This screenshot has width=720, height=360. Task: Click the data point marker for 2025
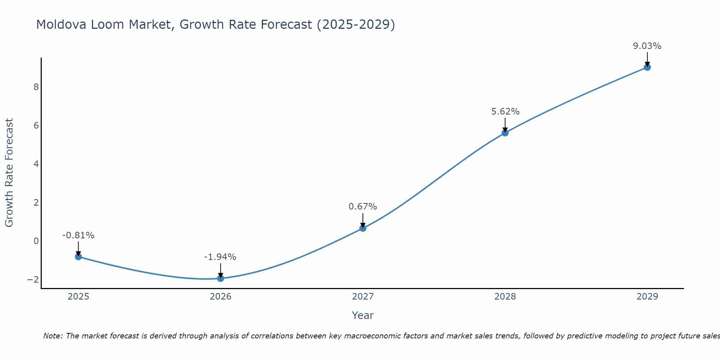[x=78, y=257]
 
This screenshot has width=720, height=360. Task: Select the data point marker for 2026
[x=221, y=278]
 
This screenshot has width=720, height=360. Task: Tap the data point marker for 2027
[x=363, y=228]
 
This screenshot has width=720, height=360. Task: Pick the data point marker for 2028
[x=505, y=133]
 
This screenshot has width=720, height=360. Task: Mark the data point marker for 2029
[x=647, y=67]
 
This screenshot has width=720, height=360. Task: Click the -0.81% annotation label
[x=78, y=235]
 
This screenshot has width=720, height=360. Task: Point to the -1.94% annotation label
[x=220, y=257]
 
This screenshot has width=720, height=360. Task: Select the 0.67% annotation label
[x=363, y=207]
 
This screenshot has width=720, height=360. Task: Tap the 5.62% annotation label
[x=505, y=112]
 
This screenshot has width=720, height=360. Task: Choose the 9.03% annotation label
[x=647, y=46]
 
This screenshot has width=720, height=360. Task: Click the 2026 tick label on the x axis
[x=221, y=297]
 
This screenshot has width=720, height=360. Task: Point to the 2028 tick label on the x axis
[x=505, y=297]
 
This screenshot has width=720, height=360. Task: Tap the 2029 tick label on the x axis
[x=647, y=297]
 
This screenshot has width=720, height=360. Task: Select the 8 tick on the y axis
[x=36, y=87]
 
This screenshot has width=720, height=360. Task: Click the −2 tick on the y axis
[x=33, y=280]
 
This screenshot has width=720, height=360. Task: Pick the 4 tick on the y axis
[x=36, y=164]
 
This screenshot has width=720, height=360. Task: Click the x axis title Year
[x=363, y=316]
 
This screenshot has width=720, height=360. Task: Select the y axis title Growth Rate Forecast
[x=9, y=173]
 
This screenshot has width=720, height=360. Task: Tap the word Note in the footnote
[x=53, y=336]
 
